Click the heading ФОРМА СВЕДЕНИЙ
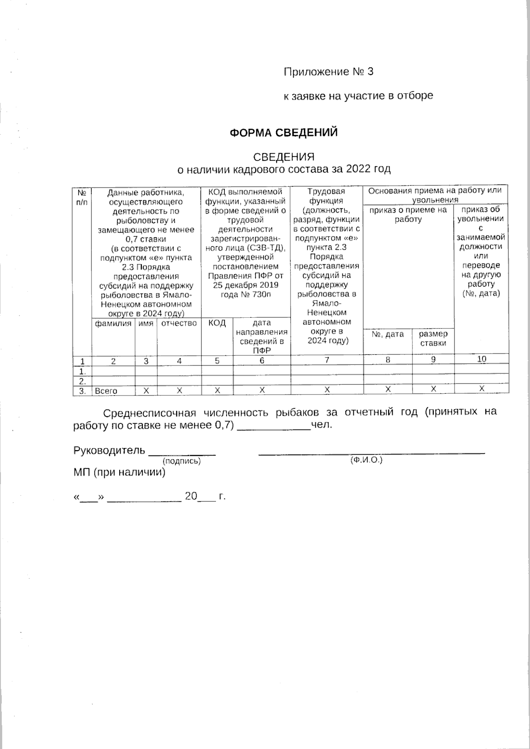tap(284, 133)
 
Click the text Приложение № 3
tap(328, 72)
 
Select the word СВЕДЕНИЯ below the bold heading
tap(284, 157)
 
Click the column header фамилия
tap(113, 324)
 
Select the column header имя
tap(146, 324)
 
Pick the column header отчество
tap(179, 324)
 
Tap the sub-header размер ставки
tap(433, 339)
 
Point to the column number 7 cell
tap(327, 360)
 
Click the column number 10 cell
tap(481, 359)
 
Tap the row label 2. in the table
tap(82, 381)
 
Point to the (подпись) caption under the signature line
tap(182, 461)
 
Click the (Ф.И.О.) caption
tap(366, 460)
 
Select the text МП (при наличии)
tap(119, 473)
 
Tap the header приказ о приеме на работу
tap(408, 215)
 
